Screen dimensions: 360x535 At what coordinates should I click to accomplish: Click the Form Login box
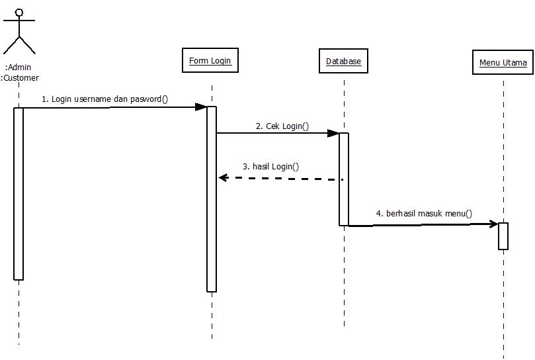click(210, 61)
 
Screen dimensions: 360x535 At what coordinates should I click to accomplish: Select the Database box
click(343, 62)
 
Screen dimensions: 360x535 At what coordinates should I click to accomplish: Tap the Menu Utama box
click(503, 63)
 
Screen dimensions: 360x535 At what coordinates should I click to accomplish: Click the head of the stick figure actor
click(19, 12)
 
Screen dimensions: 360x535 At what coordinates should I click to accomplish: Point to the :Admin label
click(19, 67)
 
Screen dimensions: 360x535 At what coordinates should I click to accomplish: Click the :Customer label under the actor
click(20, 77)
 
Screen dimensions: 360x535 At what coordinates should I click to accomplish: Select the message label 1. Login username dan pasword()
click(105, 99)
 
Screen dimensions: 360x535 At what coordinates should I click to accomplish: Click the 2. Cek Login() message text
click(282, 126)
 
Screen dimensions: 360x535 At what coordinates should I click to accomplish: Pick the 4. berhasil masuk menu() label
click(424, 213)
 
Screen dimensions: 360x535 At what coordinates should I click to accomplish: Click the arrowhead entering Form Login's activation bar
click(201, 107)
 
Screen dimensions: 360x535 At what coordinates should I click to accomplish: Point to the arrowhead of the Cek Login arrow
click(333, 133)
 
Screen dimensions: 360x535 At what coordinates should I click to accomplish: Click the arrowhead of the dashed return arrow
click(224, 177)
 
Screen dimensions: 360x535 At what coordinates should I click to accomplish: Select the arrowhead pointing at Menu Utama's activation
click(493, 224)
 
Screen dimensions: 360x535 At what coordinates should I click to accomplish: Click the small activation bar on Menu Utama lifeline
click(503, 236)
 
